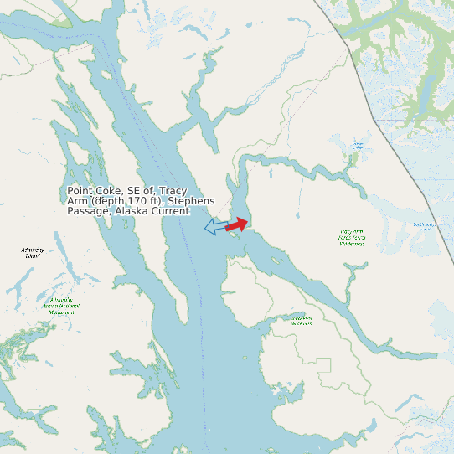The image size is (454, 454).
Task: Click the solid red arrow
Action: [237, 224]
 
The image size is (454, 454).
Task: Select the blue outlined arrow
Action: [215, 226]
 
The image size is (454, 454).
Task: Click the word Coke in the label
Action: [112, 191]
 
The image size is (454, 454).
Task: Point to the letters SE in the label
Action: [136, 191]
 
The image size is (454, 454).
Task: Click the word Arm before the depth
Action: [77, 201]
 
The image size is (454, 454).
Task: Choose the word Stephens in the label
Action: [191, 201]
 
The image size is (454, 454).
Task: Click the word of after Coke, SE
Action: [151, 191]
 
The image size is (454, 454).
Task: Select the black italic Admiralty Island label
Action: [34, 252]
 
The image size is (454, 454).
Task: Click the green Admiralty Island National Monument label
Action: [60, 306]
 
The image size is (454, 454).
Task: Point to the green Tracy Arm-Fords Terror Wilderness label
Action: [353, 237]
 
